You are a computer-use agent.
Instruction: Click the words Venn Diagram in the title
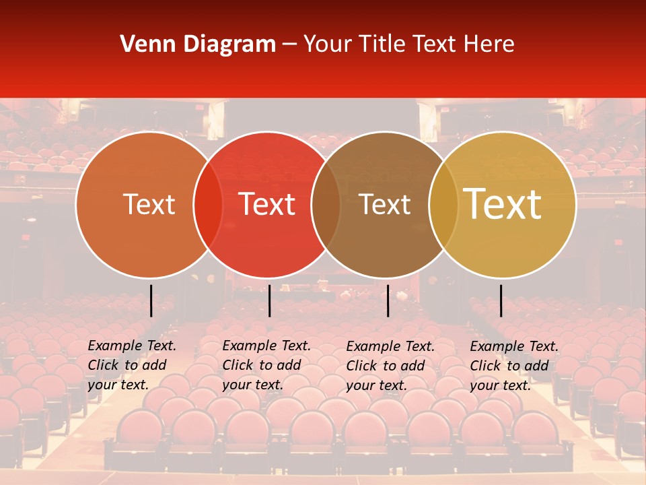[198, 44]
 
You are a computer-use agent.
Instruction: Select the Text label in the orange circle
[149, 204]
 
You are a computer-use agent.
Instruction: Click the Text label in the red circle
[267, 204]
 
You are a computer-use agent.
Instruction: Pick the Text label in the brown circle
[385, 204]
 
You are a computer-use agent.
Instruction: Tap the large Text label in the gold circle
[503, 204]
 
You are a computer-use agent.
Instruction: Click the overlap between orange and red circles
[208, 204]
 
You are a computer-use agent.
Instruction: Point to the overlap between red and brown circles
[326, 204]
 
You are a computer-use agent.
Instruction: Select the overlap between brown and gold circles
[443, 204]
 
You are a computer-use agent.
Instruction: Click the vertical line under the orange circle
[151, 300]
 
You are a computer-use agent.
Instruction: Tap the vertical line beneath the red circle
[269, 300]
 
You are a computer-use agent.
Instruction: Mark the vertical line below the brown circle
[388, 300]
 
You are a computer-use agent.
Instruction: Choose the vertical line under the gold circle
[501, 300]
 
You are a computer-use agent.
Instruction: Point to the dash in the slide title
[289, 45]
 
